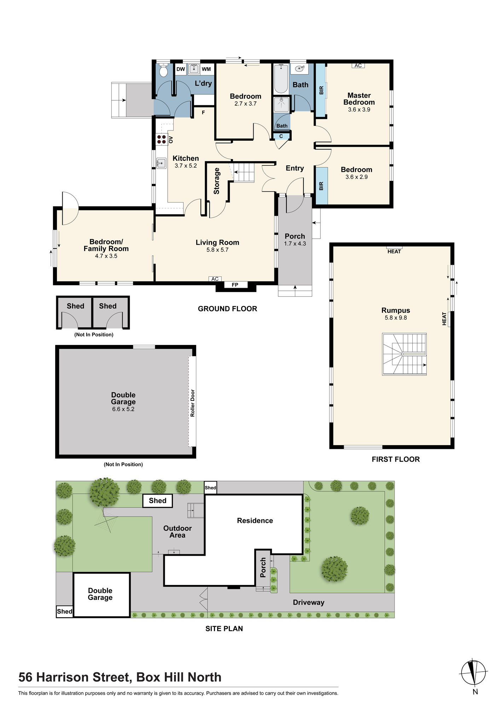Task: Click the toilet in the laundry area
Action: pyautogui.click(x=163, y=70)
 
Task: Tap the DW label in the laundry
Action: pyautogui.click(x=181, y=69)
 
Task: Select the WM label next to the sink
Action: pyautogui.click(x=206, y=69)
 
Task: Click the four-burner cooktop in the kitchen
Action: pyautogui.click(x=162, y=139)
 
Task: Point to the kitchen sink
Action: pyautogui.click(x=161, y=163)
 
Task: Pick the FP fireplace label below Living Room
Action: pyautogui.click(x=235, y=285)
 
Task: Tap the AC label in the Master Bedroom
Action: pyautogui.click(x=358, y=65)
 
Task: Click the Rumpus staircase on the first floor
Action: pyautogui.click(x=404, y=354)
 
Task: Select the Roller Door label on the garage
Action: pyautogui.click(x=193, y=403)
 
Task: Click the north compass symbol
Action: pyautogui.click(x=474, y=672)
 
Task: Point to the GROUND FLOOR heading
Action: pyautogui.click(x=227, y=309)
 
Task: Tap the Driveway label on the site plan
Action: pyautogui.click(x=309, y=602)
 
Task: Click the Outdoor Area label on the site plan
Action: pyautogui.click(x=178, y=532)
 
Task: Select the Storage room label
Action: pyautogui.click(x=216, y=181)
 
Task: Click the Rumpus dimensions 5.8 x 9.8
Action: pyautogui.click(x=396, y=318)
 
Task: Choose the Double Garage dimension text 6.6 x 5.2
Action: pyautogui.click(x=123, y=409)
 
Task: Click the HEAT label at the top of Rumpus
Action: pyautogui.click(x=394, y=252)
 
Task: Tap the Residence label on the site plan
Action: pyautogui.click(x=255, y=521)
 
